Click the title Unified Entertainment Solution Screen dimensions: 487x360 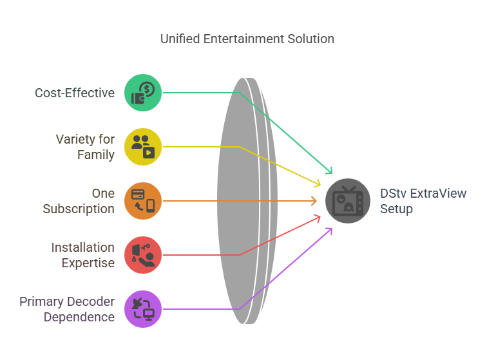(x=247, y=39)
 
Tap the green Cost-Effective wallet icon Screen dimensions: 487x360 (x=143, y=93)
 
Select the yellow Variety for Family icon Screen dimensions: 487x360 (x=143, y=147)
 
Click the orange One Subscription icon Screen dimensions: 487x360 (x=143, y=201)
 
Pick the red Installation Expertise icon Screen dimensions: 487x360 (x=143, y=255)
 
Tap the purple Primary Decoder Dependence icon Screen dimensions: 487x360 (x=143, y=309)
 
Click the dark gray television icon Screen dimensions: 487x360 (x=348, y=201)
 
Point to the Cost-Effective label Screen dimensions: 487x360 (x=75, y=93)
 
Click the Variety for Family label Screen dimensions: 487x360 (x=85, y=147)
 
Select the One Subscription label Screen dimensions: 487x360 (x=79, y=201)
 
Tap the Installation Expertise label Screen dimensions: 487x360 (x=83, y=255)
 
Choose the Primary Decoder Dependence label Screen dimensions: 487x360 (x=67, y=309)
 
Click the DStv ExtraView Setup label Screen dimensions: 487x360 (x=423, y=201)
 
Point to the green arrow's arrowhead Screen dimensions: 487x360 (x=329, y=170)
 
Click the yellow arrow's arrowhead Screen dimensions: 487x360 (x=317, y=184)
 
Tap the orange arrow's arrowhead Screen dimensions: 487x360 (x=314, y=201)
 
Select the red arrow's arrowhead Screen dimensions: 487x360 (x=317, y=218)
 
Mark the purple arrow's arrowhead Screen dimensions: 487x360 (x=329, y=232)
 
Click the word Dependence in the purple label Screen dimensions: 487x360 (x=79, y=317)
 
